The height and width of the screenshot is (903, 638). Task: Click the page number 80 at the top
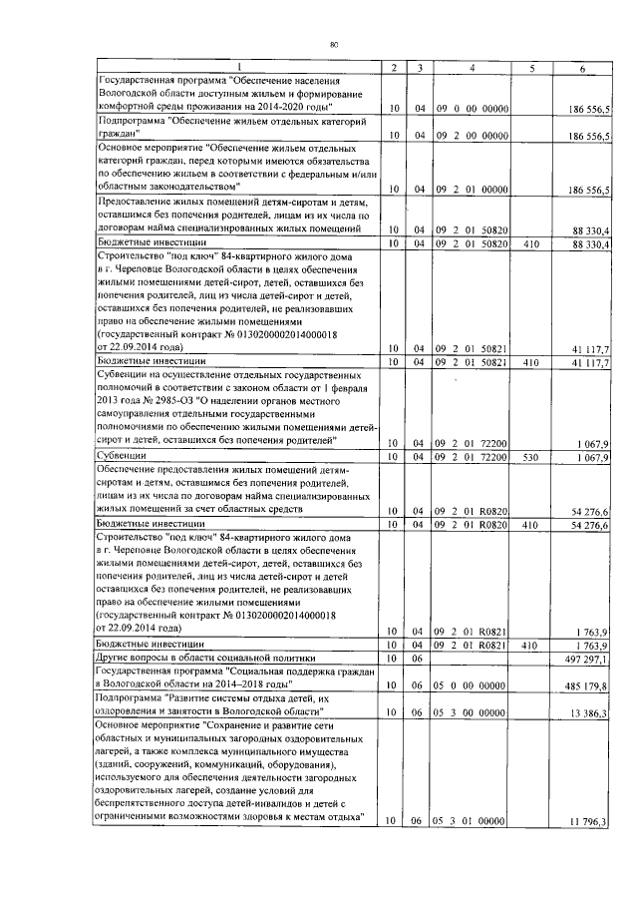(x=335, y=44)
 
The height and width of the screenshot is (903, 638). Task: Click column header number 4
(x=471, y=67)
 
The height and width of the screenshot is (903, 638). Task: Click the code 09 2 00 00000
(x=472, y=134)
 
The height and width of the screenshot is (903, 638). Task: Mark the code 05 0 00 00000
(x=472, y=685)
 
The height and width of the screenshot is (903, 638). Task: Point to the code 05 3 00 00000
(x=472, y=712)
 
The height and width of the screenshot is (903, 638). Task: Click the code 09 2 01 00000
(x=472, y=188)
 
